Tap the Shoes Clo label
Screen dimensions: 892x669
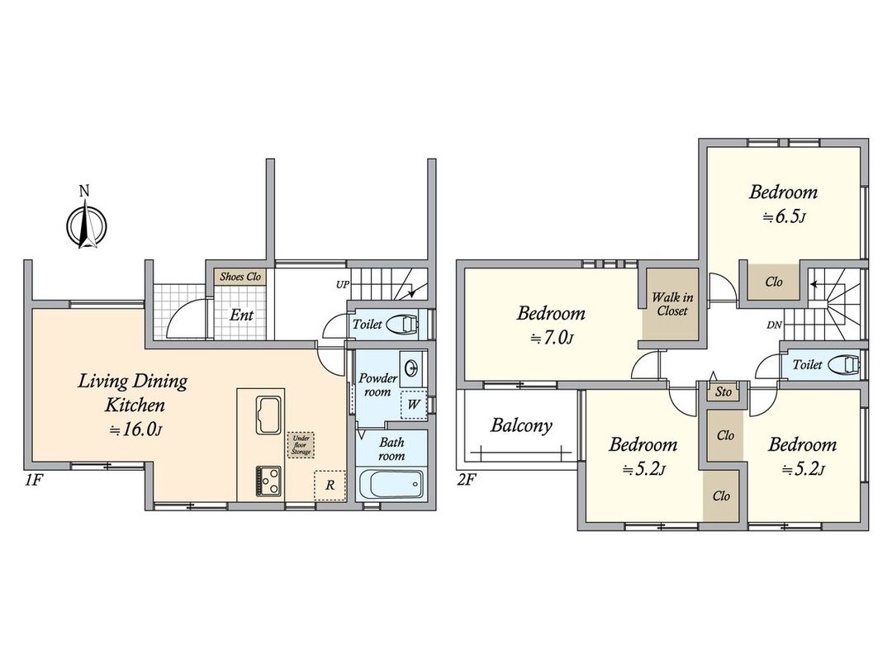pyautogui.click(x=240, y=277)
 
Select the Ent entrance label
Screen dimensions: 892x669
pyautogui.click(x=241, y=315)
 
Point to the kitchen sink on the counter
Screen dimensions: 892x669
pyautogui.click(x=269, y=415)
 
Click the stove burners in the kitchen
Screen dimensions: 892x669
pyautogui.click(x=268, y=481)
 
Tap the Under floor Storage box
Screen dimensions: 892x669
pyautogui.click(x=301, y=445)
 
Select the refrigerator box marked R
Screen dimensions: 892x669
pyautogui.click(x=330, y=486)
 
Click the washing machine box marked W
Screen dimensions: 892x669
pyautogui.click(x=414, y=405)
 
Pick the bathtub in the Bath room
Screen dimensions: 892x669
pyautogui.click(x=391, y=484)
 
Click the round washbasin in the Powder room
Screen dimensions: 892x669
pyautogui.click(x=410, y=368)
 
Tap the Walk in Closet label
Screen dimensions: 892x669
pyautogui.click(x=671, y=304)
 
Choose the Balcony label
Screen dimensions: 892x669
pyautogui.click(x=521, y=425)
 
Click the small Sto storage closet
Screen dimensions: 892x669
pyautogui.click(x=723, y=392)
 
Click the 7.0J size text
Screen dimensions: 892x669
pyautogui.click(x=551, y=339)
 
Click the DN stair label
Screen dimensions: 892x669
pyautogui.click(x=774, y=325)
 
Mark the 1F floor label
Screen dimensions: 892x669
pyautogui.click(x=34, y=480)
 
